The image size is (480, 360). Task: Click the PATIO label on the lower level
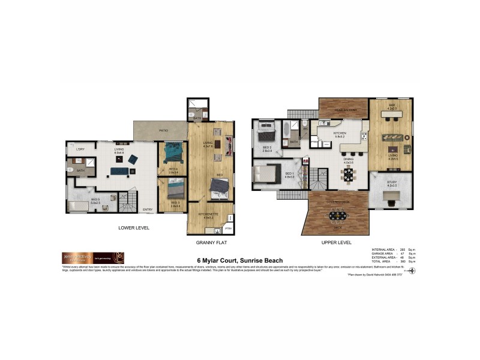(163, 130)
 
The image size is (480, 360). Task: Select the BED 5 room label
(95, 199)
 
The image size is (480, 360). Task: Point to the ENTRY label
(147, 209)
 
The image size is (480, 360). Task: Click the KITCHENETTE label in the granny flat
(208, 214)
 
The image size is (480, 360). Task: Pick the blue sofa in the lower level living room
(118, 171)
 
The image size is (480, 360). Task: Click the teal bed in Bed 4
(172, 150)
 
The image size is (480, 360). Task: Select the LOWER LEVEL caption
(133, 228)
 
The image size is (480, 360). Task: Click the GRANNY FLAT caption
(211, 243)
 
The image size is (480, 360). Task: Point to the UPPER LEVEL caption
(336, 243)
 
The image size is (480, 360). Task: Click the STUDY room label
(392, 183)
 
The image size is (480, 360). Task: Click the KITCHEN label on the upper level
(340, 133)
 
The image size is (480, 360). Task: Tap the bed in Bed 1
(266, 174)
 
